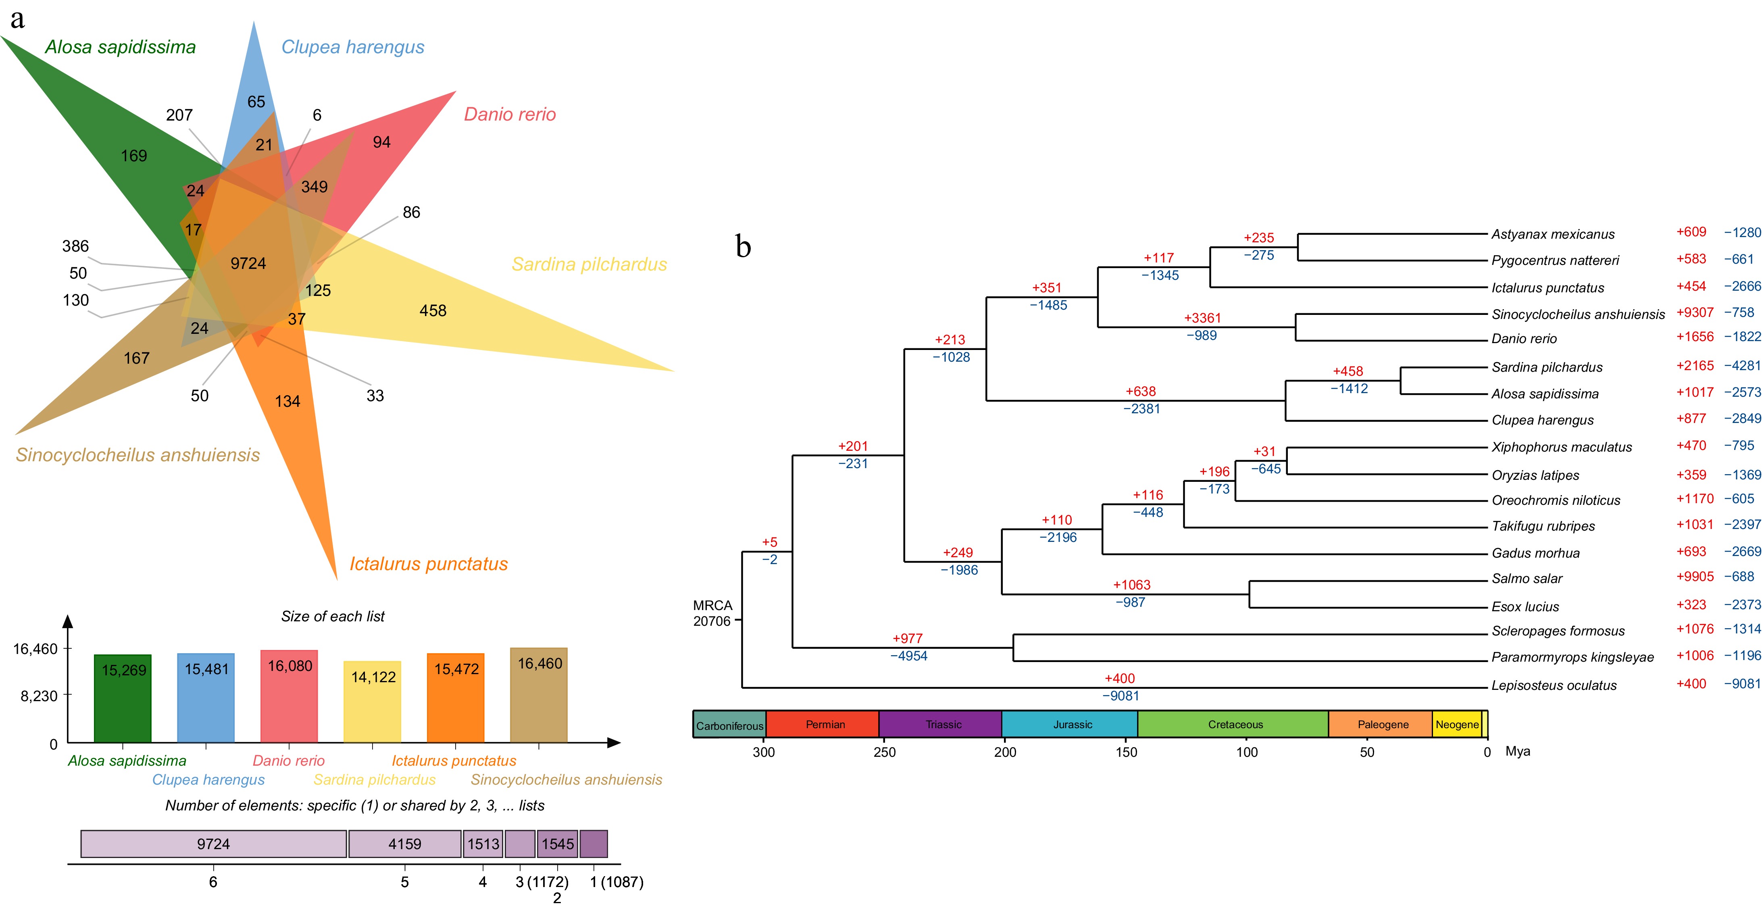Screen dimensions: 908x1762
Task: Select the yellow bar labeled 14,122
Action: tap(373, 701)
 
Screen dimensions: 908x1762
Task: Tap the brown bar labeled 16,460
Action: tap(539, 695)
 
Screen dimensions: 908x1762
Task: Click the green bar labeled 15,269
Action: tap(123, 698)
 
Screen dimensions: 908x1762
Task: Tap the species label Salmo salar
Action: tap(1527, 579)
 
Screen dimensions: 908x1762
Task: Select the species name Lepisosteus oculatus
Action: tap(1554, 685)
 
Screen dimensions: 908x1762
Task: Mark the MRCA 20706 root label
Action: tap(712, 613)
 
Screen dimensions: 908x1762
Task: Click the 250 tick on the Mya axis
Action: tap(884, 752)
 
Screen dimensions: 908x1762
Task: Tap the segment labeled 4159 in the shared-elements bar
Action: tap(405, 843)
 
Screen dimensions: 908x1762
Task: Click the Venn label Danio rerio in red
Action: tap(510, 114)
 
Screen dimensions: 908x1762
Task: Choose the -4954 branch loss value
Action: tap(908, 656)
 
